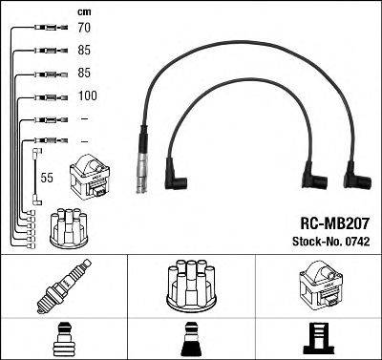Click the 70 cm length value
click(84, 28)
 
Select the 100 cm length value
click(88, 95)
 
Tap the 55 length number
click(47, 178)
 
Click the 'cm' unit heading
click(84, 12)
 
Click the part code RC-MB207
click(335, 223)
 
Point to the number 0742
click(356, 242)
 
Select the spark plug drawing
click(64, 286)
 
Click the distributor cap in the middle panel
click(192, 286)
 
